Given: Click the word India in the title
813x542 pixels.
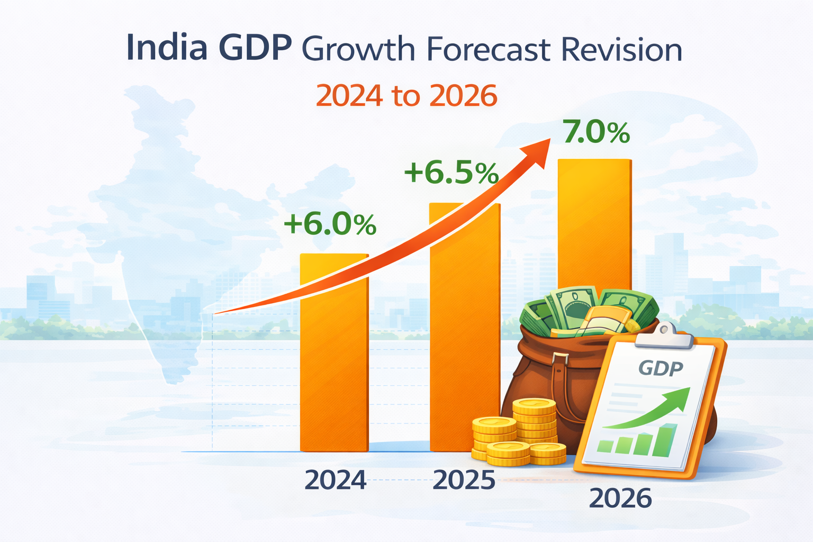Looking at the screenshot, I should click(166, 49).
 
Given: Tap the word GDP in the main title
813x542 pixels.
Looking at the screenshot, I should click(255, 49).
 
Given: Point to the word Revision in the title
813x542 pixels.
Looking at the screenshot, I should click(621, 50).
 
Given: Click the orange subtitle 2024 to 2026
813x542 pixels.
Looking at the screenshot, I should click(406, 95).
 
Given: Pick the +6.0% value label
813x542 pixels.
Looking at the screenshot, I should click(330, 224).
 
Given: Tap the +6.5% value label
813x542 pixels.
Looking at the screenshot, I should click(451, 173).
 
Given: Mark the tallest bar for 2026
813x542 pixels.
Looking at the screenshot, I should click(594, 222).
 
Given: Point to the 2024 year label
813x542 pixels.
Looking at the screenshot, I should click(336, 480).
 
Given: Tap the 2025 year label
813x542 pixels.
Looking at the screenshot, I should click(464, 480).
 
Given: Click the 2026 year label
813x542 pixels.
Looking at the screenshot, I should click(620, 498).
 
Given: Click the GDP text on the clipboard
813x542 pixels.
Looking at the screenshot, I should click(660, 367).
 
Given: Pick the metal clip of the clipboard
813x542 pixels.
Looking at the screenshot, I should click(665, 335).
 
